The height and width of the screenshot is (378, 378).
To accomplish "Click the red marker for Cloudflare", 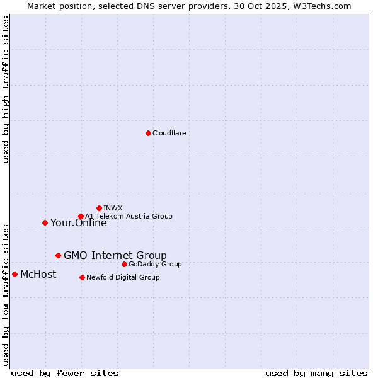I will coord(148,133).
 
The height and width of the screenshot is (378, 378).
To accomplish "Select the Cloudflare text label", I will coord(169,133).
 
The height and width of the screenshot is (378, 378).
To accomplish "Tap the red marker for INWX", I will coord(99,208).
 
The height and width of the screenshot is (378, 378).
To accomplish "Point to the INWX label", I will coord(113,208).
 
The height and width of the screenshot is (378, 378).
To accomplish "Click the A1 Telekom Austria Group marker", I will coord(81,216).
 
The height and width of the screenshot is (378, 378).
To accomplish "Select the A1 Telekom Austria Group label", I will coord(129,216).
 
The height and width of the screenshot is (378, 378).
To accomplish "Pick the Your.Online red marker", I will coord(45,222).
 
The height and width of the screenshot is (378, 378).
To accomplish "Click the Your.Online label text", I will coord(78,222).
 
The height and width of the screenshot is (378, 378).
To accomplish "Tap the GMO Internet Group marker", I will coord(58,255).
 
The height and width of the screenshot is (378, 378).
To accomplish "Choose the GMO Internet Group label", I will coord(115,255).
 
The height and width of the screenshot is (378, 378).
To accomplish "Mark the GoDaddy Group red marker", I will coord(124,264).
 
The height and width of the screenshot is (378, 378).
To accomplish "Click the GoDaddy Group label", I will coord(155,264).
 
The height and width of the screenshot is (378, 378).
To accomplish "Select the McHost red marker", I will coord(14,274).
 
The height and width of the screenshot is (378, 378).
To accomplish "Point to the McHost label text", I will coord(38,274).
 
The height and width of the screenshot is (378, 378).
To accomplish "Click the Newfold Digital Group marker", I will coord(82,277).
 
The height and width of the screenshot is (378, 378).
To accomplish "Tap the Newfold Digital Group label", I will coord(123,277).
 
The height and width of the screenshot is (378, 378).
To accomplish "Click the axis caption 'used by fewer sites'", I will coord(65,373).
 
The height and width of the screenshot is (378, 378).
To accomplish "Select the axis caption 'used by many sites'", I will coord(316,373).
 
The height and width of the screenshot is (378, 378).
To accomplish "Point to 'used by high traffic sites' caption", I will coord(6,89).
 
